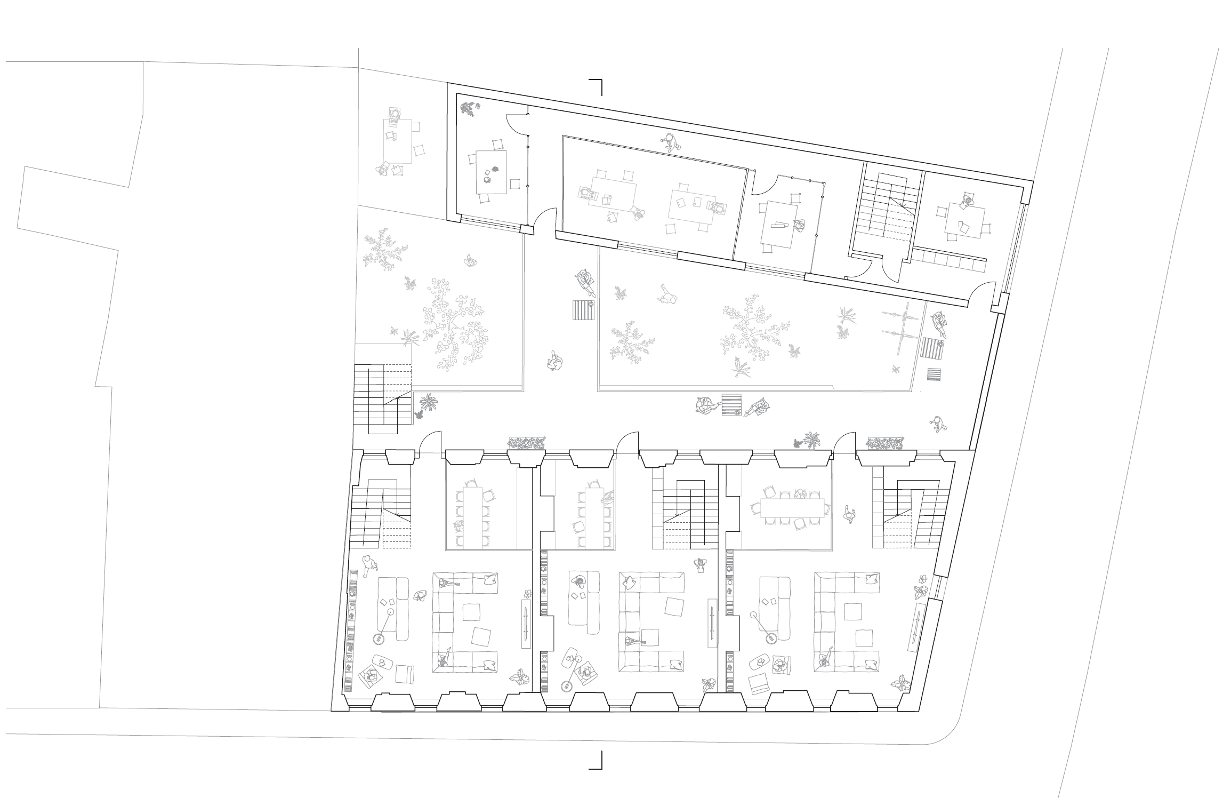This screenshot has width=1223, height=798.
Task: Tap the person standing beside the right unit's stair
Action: [x=849, y=514]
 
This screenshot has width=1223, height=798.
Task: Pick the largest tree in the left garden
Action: [x=453, y=325]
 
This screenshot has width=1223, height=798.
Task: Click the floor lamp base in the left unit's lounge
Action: [x=379, y=638]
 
